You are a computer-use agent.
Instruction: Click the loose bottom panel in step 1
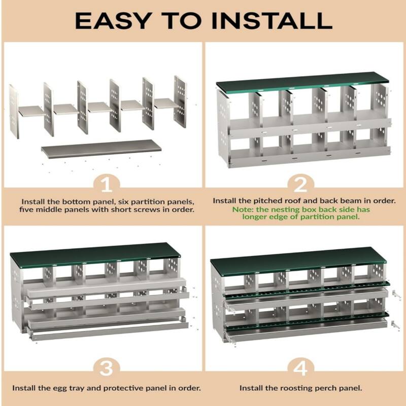[x=101, y=149]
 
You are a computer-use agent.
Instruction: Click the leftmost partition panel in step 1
[x=14, y=112]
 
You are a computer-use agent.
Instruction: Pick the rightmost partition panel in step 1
[x=180, y=101]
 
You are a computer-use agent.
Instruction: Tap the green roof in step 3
[x=96, y=255]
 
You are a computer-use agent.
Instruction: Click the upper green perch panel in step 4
[x=304, y=290]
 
